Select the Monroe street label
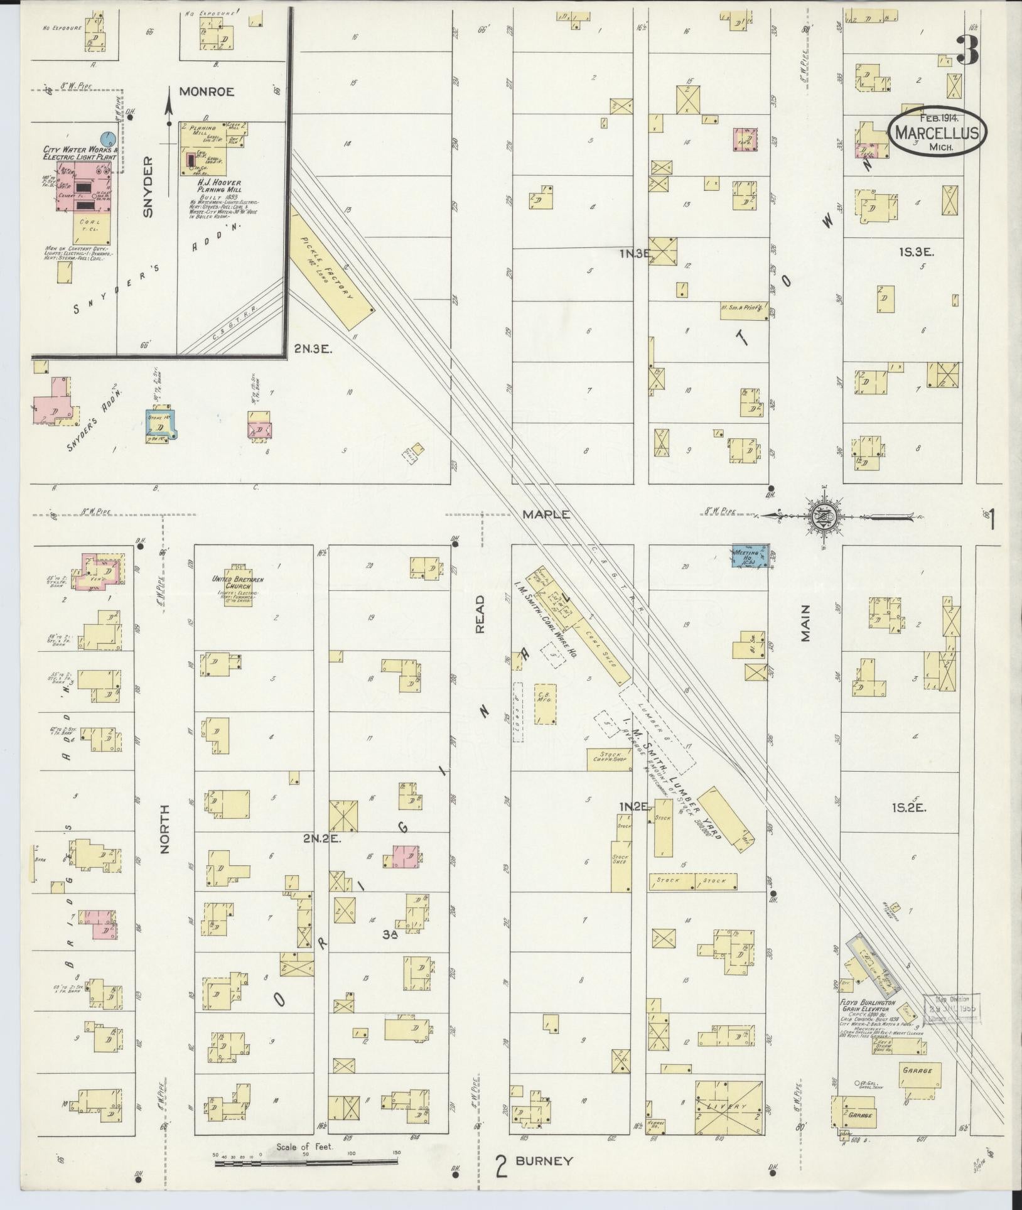207,92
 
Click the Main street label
805,623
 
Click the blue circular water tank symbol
108,136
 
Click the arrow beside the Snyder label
168,110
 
